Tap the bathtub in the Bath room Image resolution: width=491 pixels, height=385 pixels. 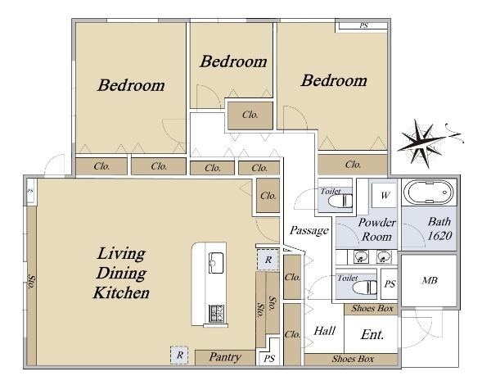[x=428, y=192]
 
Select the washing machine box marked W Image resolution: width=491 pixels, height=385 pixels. [x=385, y=195]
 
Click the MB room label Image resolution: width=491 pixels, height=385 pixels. [x=430, y=280]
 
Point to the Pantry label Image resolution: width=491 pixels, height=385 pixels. [x=225, y=357]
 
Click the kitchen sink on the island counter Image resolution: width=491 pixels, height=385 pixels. [x=216, y=263]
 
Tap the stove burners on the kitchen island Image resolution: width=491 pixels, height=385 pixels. [x=216, y=313]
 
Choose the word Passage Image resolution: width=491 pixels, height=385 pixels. [x=309, y=231]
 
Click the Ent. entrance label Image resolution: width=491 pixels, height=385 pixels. [x=372, y=334]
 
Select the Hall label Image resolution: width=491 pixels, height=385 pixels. [x=324, y=331]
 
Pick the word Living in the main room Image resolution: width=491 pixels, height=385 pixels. [x=121, y=254]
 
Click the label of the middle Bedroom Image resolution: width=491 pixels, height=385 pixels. [x=233, y=61]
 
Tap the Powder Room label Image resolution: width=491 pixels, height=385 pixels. [x=376, y=229]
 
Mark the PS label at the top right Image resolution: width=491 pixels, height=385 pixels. [x=363, y=25]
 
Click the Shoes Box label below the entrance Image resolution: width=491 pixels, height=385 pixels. [x=353, y=359]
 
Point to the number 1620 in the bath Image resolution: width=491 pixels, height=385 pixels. [x=439, y=235]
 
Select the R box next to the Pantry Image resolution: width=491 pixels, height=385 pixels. [x=179, y=356]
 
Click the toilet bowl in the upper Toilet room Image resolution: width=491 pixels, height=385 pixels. [x=340, y=201]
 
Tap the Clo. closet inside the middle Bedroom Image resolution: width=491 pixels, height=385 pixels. [x=250, y=115]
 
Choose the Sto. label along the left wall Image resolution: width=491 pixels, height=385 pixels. [x=32, y=282]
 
